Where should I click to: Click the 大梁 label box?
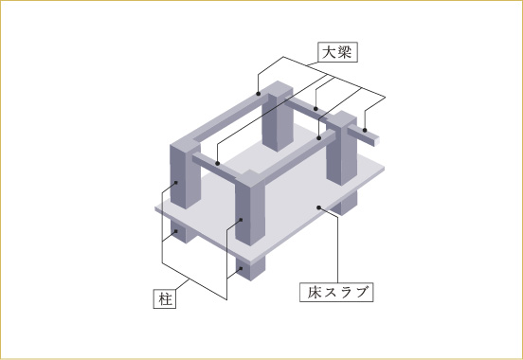tap(337, 52)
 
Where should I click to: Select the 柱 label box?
tap(165, 299)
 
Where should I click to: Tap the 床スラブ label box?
tap(336, 293)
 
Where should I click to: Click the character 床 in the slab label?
tap(315, 293)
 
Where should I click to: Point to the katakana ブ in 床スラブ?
tap(363, 292)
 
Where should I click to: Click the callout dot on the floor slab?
tap(319, 207)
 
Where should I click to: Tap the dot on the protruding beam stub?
tap(365, 130)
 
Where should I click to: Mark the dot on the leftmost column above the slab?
tap(176, 182)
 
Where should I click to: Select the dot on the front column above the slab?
tap(241, 220)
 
